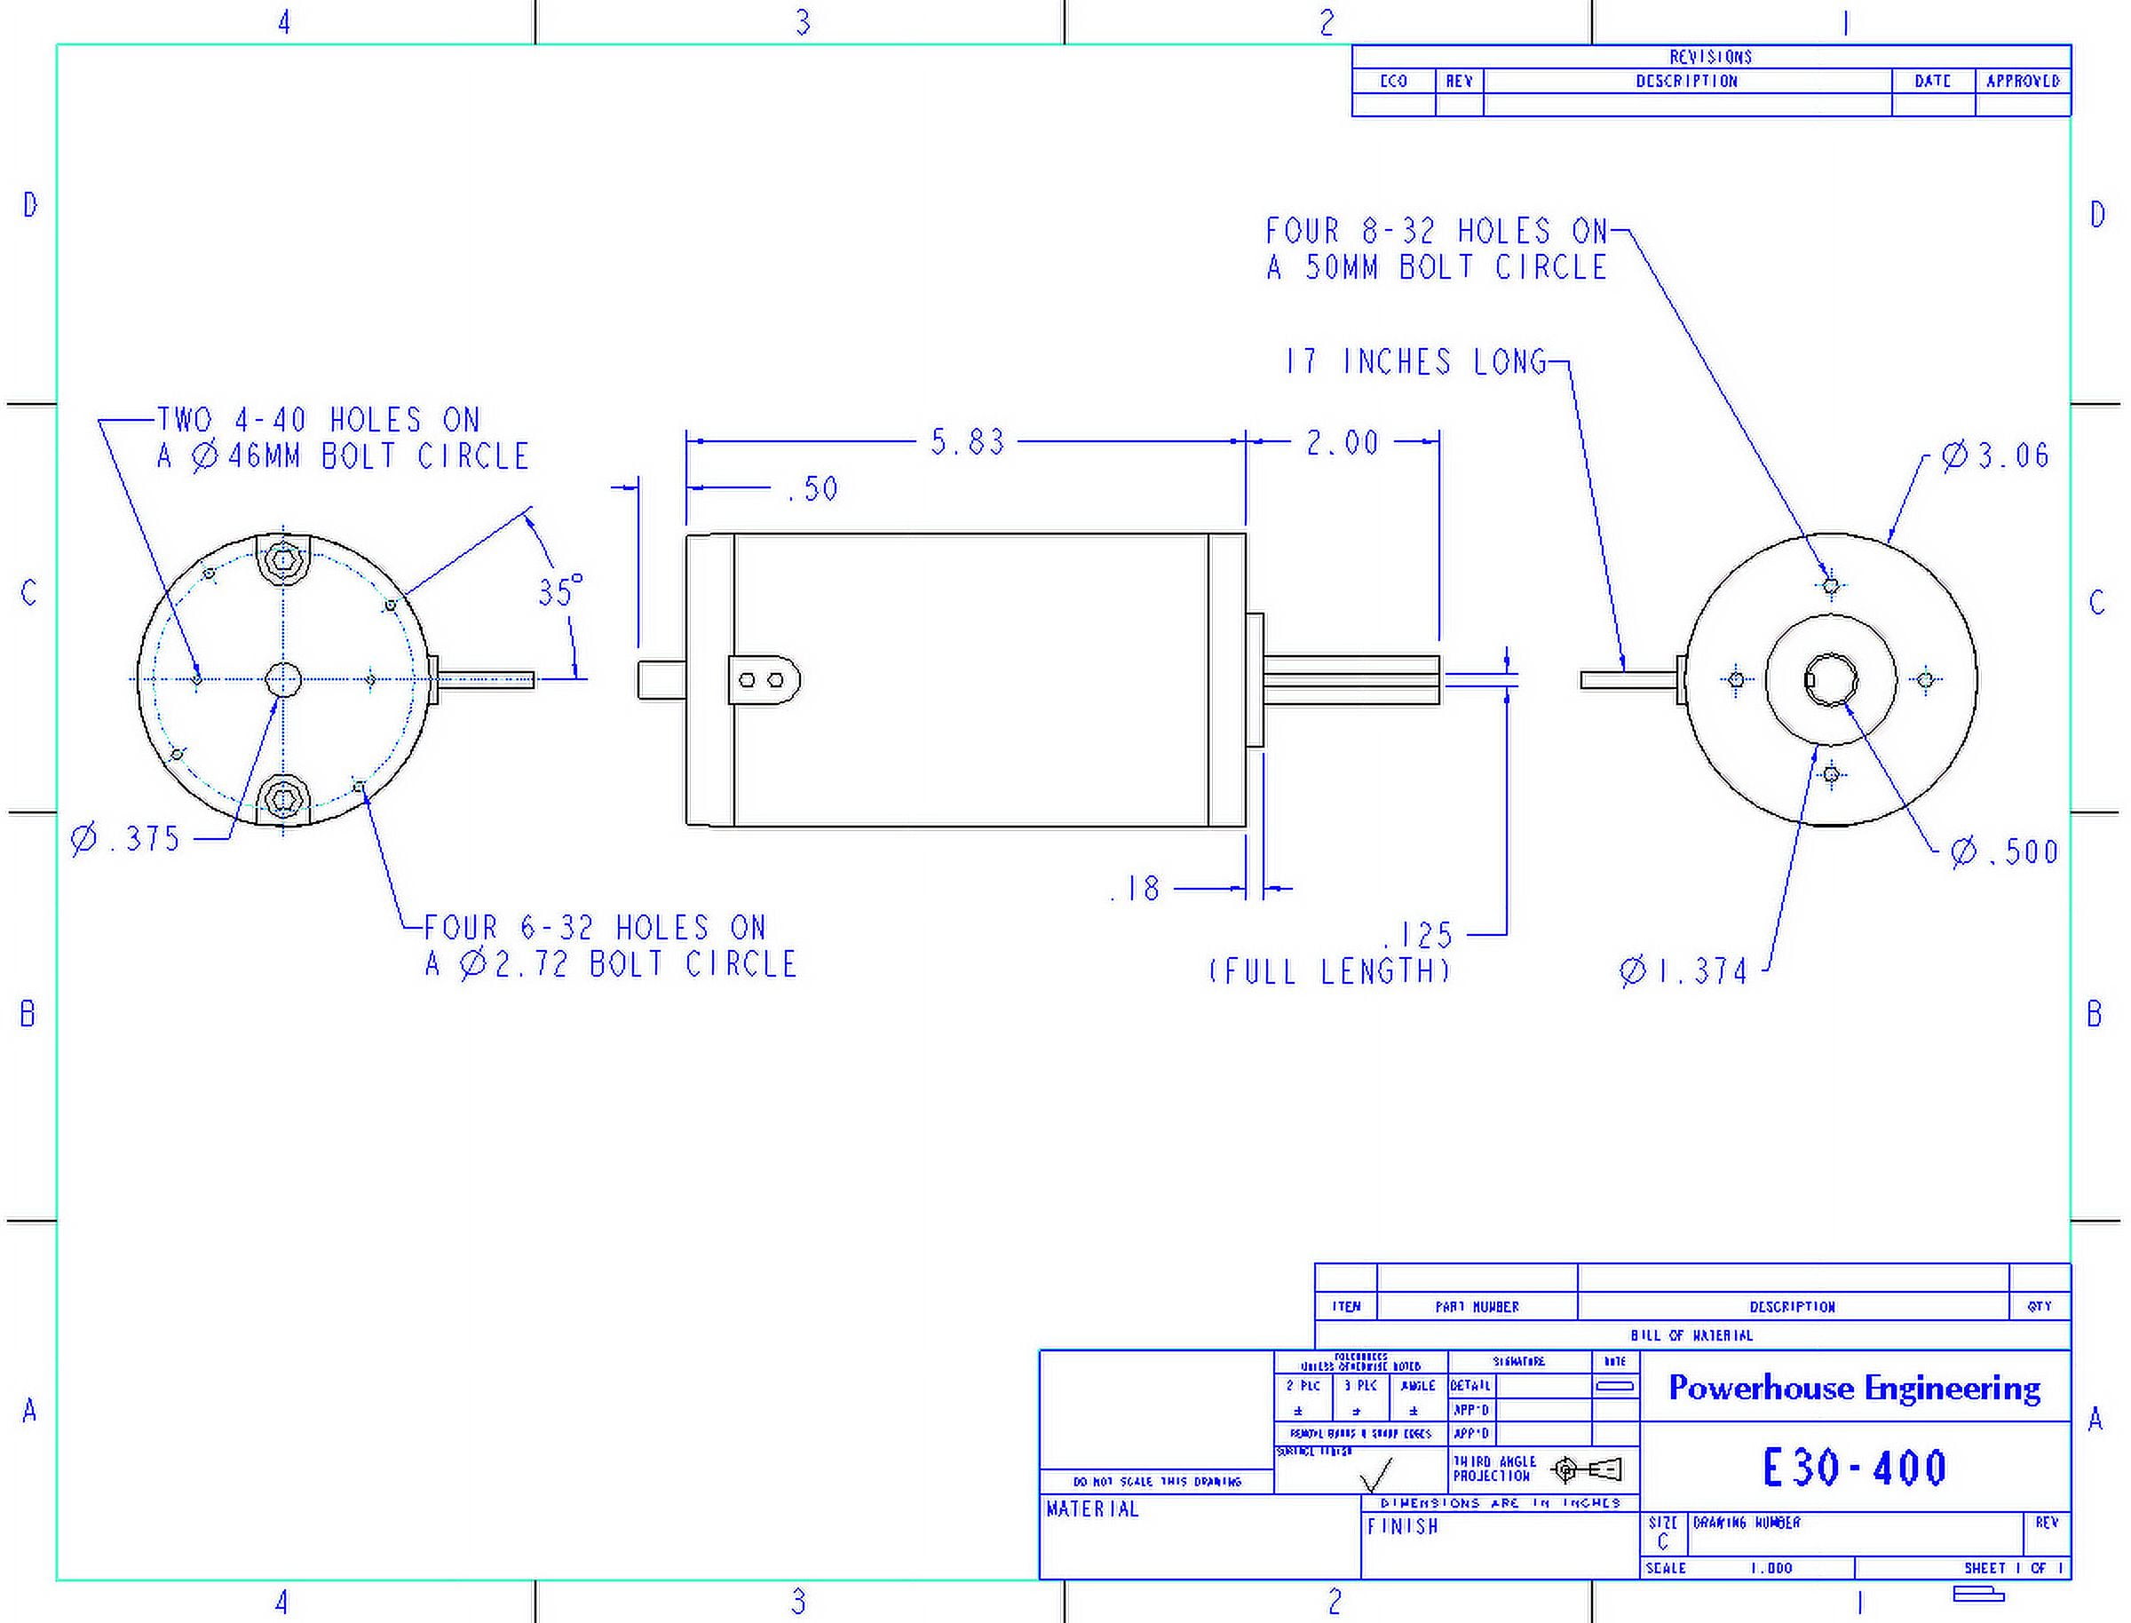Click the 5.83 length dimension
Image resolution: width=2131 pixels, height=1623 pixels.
[967, 442]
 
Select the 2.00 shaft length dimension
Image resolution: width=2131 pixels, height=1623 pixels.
[1342, 443]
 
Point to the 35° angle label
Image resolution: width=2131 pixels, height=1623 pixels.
[560, 591]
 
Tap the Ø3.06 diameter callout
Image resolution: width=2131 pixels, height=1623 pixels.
[1996, 455]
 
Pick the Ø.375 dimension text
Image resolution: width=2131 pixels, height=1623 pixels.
[127, 838]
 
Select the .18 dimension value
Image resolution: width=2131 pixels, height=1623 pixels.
[1135, 889]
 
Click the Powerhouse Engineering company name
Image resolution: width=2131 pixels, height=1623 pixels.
[1855, 1389]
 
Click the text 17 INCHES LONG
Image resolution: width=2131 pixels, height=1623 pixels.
[1415, 362]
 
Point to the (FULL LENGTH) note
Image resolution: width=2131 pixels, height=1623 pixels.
[1329, 971]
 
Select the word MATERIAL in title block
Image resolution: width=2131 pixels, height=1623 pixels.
[1092, 1509]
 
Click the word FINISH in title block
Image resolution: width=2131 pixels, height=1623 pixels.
[1403, 1526]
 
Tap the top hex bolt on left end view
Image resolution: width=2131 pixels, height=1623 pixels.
[283, 559]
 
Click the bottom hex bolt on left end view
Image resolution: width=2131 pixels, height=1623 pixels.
[283, 799]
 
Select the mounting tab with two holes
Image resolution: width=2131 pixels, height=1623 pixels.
[763, 680]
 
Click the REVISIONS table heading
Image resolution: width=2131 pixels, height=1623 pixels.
[1711, 57]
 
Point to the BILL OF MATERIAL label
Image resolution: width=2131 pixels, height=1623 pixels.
[1691, 1335]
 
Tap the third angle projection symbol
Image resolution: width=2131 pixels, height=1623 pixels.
[1587, 1469]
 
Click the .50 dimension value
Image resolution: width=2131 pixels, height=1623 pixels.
[812, 489]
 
